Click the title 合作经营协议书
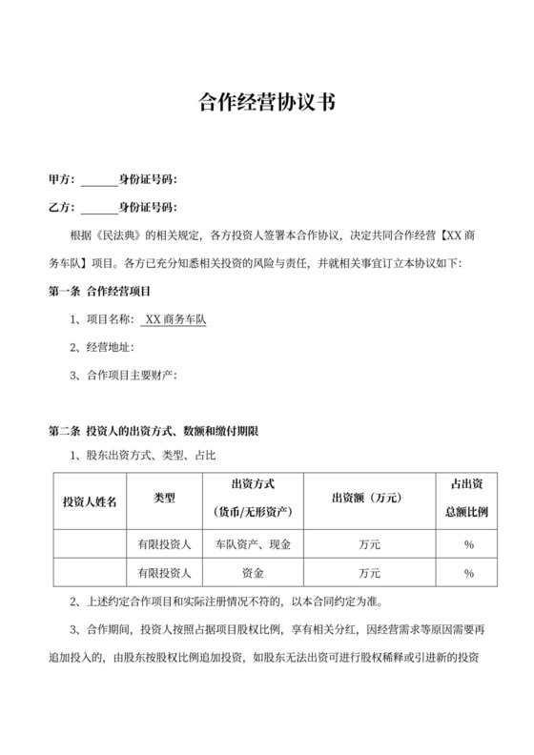click(266, 102)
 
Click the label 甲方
click(59, 179)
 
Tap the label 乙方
click(59, 207)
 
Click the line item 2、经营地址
click(105, 347)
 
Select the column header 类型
click(165, 498)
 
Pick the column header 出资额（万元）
click(364, 498)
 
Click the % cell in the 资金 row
click(468, 573)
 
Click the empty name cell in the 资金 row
click(90, 573)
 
